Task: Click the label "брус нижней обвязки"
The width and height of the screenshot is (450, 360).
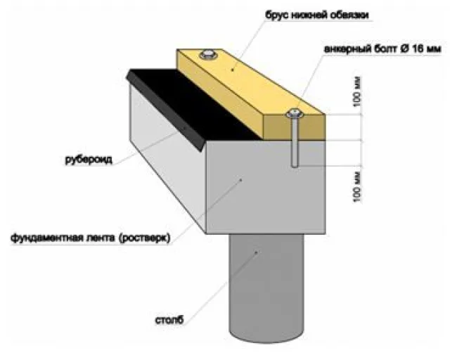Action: [x=317, y=15]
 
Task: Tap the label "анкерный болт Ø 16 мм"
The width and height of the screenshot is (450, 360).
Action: [x=382, y=49]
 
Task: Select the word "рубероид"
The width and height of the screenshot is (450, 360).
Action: [x=89, y=160]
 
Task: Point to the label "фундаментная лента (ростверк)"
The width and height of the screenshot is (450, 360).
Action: [x=91, y=238]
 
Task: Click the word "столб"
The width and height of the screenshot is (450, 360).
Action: [x=169, y=319]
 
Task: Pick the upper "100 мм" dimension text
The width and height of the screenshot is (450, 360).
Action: [x=356, y=92]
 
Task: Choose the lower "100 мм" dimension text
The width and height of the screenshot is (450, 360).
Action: [x=356, y=187]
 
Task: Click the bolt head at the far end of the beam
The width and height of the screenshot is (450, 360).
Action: [x=208, y=54]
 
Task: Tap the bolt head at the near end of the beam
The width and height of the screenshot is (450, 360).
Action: [x=295, y=113]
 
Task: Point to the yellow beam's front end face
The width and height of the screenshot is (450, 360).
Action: [x=295, y=127]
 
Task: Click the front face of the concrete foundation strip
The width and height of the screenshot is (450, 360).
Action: [x=266, y=187]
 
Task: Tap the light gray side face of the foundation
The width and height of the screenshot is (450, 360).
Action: [x=168, y=158]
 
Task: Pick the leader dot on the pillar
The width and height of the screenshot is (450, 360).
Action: [x=257, y=252]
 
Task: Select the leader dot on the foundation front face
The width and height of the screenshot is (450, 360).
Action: [x=241, y=180]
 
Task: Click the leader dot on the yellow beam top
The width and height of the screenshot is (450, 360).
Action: [x=233, y=69]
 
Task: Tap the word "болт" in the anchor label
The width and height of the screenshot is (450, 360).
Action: [x=385, y=49]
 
